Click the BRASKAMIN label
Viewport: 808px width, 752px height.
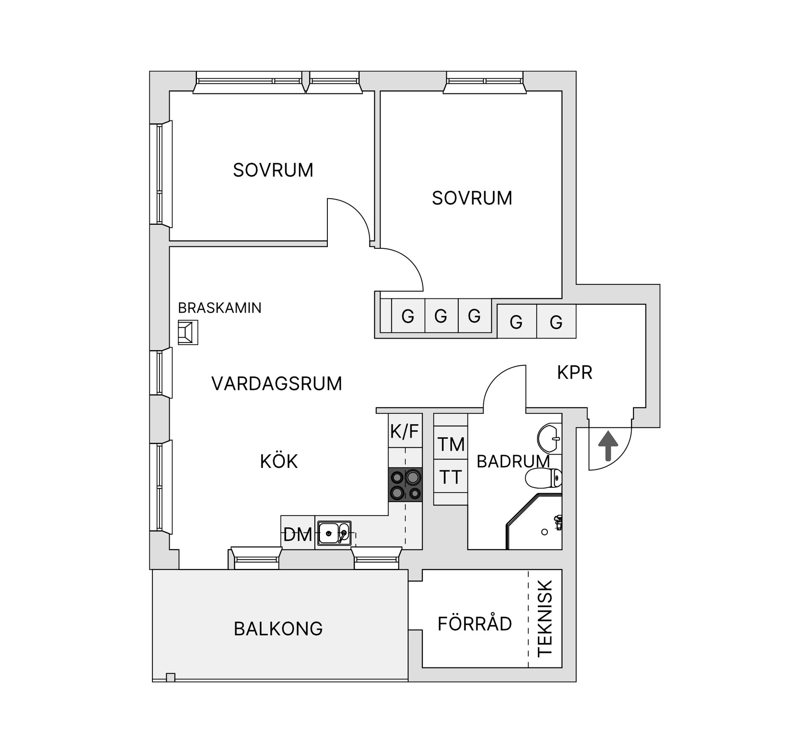[220, 308]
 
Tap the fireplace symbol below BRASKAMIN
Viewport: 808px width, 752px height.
[188, 332]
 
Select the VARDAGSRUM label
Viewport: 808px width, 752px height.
[276, 384]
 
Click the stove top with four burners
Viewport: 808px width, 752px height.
[405, 485]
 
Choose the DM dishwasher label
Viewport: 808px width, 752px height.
[298, 535]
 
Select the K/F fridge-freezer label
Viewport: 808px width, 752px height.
[405, 431]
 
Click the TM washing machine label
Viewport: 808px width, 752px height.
[451, 444]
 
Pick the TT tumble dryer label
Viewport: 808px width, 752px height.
[451, 477]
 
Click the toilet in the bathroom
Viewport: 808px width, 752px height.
[543, 478]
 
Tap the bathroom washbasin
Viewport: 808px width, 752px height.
[550, 438]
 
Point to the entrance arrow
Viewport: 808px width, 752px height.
[608, 446]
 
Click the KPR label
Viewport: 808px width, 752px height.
[574, 372]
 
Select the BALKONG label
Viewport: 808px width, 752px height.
[278, 629]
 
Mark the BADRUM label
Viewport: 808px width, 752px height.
[513, 462]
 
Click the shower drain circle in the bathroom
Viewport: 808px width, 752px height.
[545, 532]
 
